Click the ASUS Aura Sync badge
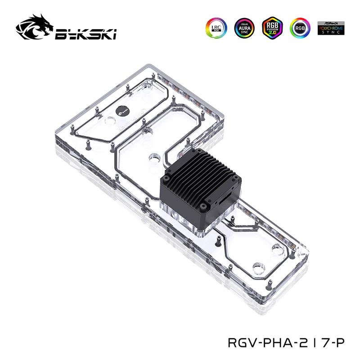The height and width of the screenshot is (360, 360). coord(244,27)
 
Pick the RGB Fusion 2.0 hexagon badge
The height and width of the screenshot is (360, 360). coord(271,27)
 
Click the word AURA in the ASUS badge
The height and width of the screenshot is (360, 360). coord(244,27)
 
